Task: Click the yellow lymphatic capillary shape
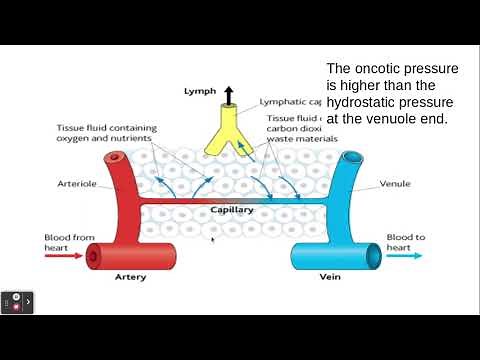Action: (x=229, y=139)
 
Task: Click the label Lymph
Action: (x=200, y=90)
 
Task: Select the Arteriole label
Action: (x=77, y=185)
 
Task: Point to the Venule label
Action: (x=395, y=185)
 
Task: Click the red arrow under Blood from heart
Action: (x=62, y=256)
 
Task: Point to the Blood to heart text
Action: (x=405, y=242)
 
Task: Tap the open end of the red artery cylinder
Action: (x=93, y=257)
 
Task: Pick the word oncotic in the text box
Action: (x=385, y=69)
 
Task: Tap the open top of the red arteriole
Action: (x=117, y=158)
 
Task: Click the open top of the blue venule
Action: (x=352, y=158)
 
